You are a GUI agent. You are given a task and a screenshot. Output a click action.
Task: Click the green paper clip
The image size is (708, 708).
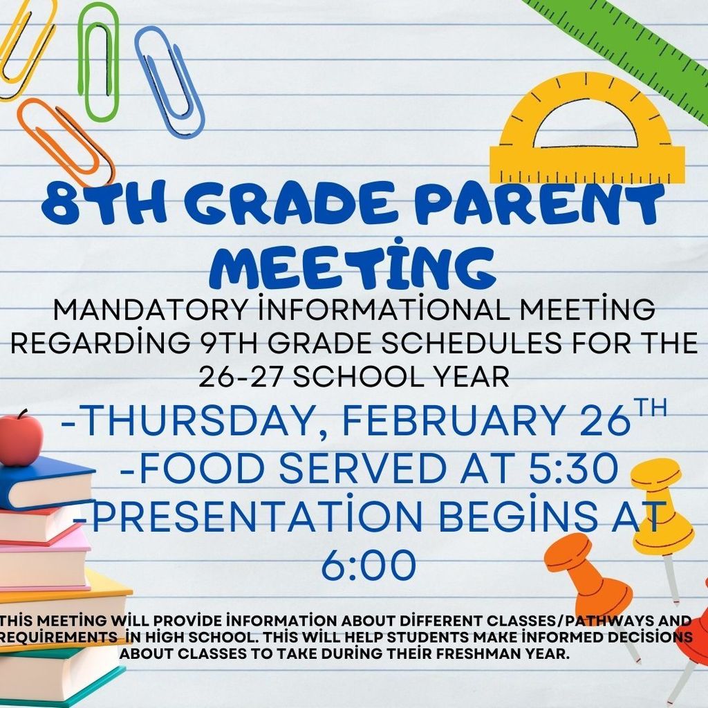coord(97,62)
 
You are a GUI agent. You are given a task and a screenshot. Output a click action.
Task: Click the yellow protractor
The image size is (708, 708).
coord(587,131)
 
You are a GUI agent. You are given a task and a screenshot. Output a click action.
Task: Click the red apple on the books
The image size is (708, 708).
coord(20,439)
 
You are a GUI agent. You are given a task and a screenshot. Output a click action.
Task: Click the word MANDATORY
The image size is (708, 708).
coord(149,310)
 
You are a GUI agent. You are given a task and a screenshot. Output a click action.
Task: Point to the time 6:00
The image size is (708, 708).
coord(369,566)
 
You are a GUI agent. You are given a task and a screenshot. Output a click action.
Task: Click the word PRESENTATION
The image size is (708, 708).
coord(228,517)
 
